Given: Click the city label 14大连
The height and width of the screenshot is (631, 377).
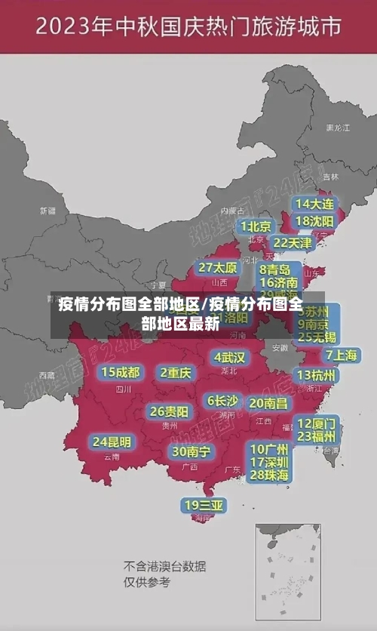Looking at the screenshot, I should (314, 204).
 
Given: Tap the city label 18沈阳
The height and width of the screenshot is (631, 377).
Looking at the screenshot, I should (314, 221).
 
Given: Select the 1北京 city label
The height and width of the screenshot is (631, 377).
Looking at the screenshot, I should (256, 226).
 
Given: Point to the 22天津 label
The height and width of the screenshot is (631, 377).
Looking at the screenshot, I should (292, 243).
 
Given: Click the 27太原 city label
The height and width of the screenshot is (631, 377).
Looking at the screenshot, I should (217, 268).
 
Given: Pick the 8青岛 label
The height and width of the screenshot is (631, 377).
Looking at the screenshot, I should (275, 269).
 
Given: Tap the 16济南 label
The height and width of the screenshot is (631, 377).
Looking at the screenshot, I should (279, 283).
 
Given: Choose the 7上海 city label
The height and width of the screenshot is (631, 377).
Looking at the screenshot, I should (342, 355).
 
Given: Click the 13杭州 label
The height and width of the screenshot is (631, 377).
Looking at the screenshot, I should (317, 375).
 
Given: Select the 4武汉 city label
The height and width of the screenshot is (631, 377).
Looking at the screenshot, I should (229, 357).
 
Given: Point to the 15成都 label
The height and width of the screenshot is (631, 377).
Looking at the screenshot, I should (121, 371).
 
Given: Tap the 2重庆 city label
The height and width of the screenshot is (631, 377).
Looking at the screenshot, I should (176, 372).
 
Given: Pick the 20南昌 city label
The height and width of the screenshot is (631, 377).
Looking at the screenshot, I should (268, 403).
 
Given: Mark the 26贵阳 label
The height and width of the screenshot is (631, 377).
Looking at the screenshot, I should (169, 411).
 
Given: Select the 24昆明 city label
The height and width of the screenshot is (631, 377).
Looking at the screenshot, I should (112, 442).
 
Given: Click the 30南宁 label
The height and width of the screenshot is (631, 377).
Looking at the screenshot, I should (191, 451).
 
